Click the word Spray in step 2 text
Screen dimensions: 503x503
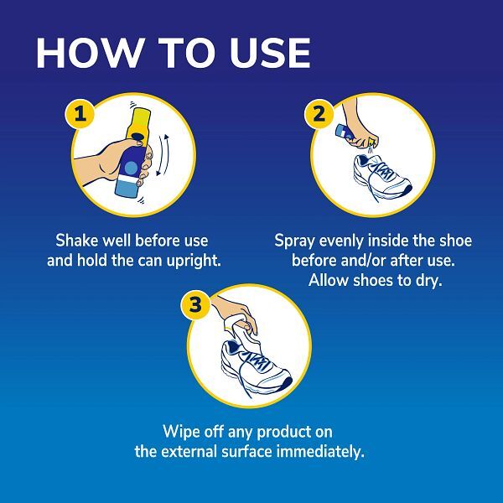tap(294, 241)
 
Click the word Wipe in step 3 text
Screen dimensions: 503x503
tap(182, 432)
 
